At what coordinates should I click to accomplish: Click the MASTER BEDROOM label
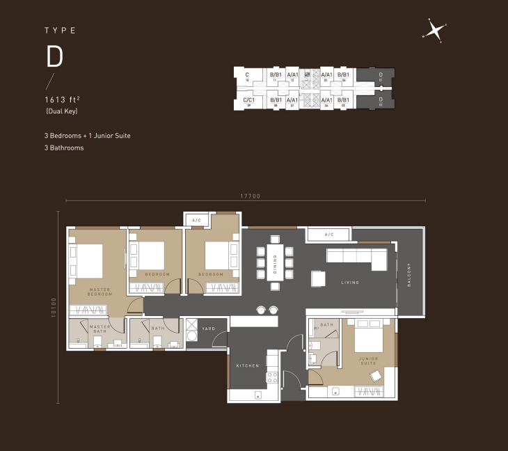click(100, 291)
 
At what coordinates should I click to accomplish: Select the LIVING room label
click(349, 283)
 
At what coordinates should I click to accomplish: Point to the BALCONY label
click(409, 275)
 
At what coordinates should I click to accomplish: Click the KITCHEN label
click(247, 365)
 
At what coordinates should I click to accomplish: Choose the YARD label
click(208, 329)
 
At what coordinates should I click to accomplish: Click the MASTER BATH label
click(100, 329)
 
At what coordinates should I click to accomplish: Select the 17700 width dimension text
click(250, 196)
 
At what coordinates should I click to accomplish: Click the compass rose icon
click(434, 31)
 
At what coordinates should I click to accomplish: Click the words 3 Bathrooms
click(63, 148)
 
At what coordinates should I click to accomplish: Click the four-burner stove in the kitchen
click(272, 378)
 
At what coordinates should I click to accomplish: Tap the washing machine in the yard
click(192, 335)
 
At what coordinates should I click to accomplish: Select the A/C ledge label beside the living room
click(328, 235)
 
